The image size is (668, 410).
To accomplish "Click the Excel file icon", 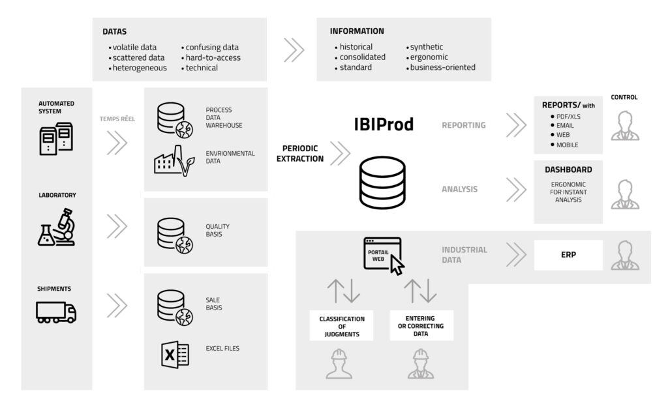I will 175,354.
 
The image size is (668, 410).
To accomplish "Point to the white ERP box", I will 567,255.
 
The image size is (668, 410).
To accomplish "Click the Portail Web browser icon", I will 382,255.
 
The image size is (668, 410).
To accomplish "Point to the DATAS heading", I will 114,31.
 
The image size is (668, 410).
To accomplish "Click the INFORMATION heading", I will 357,31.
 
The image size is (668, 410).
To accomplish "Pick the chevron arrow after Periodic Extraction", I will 340,154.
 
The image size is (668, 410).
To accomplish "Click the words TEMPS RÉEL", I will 117,119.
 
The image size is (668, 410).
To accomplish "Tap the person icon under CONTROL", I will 625,126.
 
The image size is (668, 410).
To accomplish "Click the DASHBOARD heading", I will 568,169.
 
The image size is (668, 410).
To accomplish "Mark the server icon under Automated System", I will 56,139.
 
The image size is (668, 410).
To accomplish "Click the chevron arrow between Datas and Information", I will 294,49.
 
